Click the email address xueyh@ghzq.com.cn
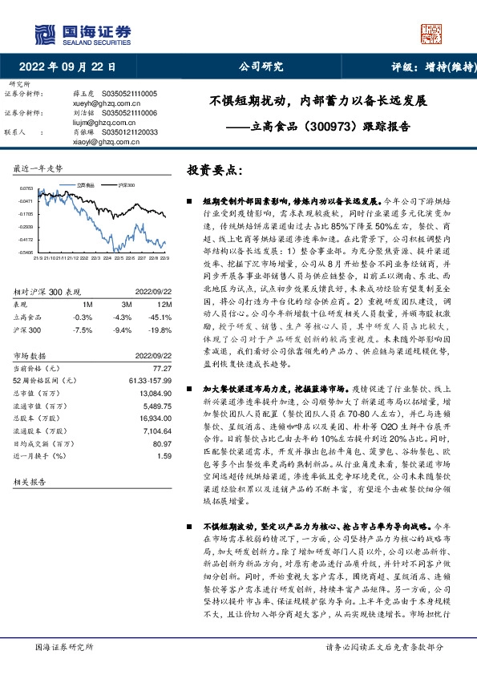click(105, 104)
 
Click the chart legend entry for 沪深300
click(122, 185)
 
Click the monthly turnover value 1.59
click(165, 455)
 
